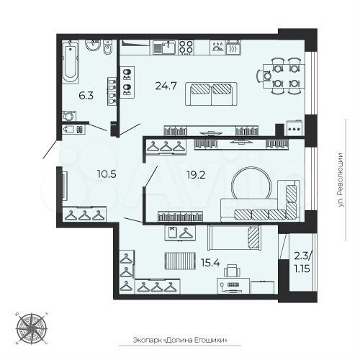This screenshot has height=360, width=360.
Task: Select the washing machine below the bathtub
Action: click(x=71, y=115)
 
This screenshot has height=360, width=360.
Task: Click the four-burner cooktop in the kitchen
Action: click(x=186, y=48)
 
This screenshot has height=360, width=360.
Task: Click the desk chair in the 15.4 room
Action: click(x=230, y=271)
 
